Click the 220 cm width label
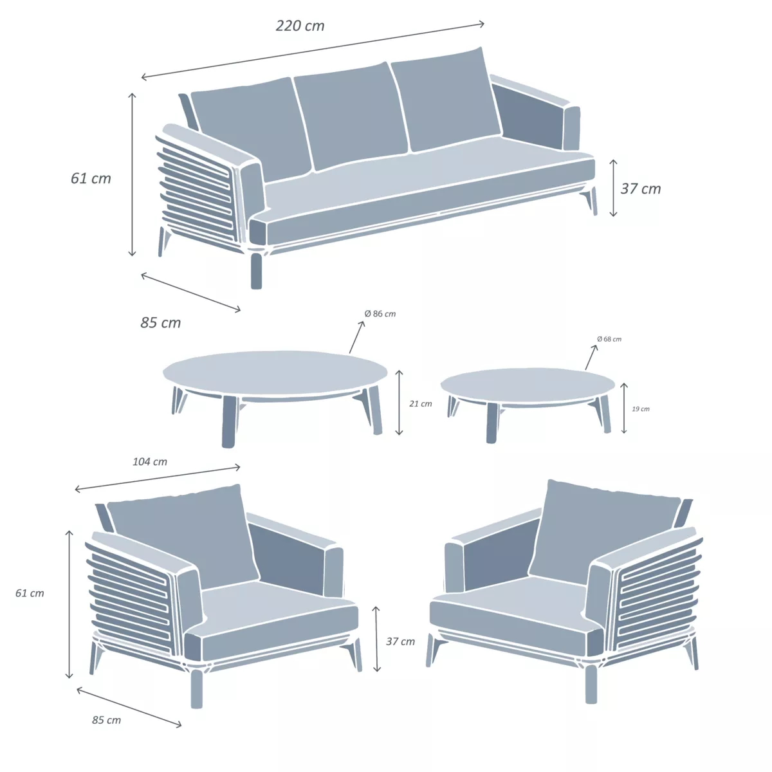[x=300, y=26]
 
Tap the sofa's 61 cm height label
[x=91, y=178]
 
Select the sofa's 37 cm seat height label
[x=640, y=188]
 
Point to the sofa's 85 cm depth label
[x=161, y=322]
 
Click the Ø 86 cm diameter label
[x=380, y=314]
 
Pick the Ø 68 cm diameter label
[x=609, y=339]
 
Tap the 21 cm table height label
[x=421, y=404]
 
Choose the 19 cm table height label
[x=641, y=409]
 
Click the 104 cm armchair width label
[x=150, y=461]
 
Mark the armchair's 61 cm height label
[x=30, y=593]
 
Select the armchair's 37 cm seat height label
[x=400, y=641]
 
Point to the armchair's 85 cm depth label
[x=106, y=720]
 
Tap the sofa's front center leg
[x=256, y=271]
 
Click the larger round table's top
[x=275, y=372]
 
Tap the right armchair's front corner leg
[x=591, y=684]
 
